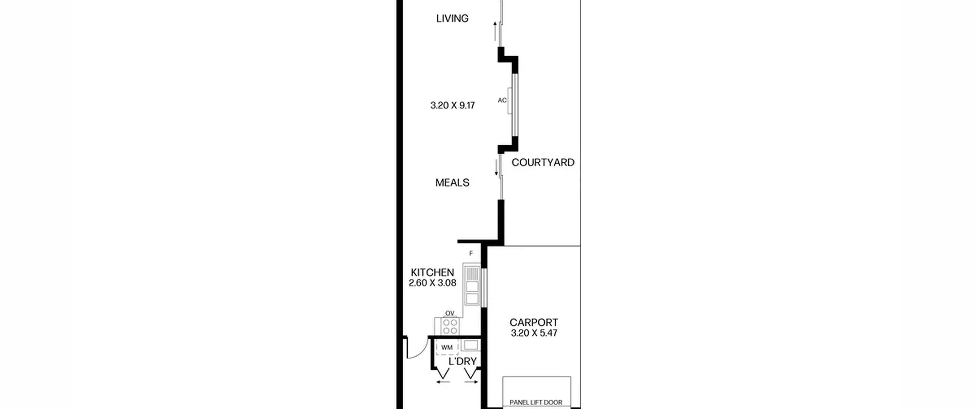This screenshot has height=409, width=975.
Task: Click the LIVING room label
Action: click(x=452, y=18)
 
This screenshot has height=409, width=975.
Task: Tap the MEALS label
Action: click(x=452, y=183)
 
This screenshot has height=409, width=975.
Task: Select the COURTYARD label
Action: click(x=543, y=162)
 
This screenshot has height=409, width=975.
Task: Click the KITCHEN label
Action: click(x=432, y=272)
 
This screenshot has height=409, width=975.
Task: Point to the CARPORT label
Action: click(x=534, y=323)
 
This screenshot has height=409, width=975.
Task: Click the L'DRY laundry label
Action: click(x=462, y=361)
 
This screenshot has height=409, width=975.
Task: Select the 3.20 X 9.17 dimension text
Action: click(x=452, y=105)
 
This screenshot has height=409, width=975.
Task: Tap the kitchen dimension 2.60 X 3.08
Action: click(x=432, y=283)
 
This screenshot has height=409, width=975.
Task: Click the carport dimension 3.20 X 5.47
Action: click(x=534, y=333)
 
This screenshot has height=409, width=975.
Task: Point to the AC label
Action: click(x=502, y=100)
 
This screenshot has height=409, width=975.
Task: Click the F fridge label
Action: click(x=471, y=253)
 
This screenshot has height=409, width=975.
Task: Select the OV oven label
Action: click(x=450, y=313)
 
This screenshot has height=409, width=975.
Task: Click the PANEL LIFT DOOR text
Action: click(x=536, y=403)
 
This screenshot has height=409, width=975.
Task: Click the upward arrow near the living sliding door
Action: click(x=495, y=31)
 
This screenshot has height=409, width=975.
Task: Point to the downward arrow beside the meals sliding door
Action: click(x=496, y=168)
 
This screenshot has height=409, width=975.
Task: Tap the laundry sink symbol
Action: click(x=471, y=345)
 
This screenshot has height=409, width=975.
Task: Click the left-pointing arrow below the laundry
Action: click(x=443, y=382)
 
